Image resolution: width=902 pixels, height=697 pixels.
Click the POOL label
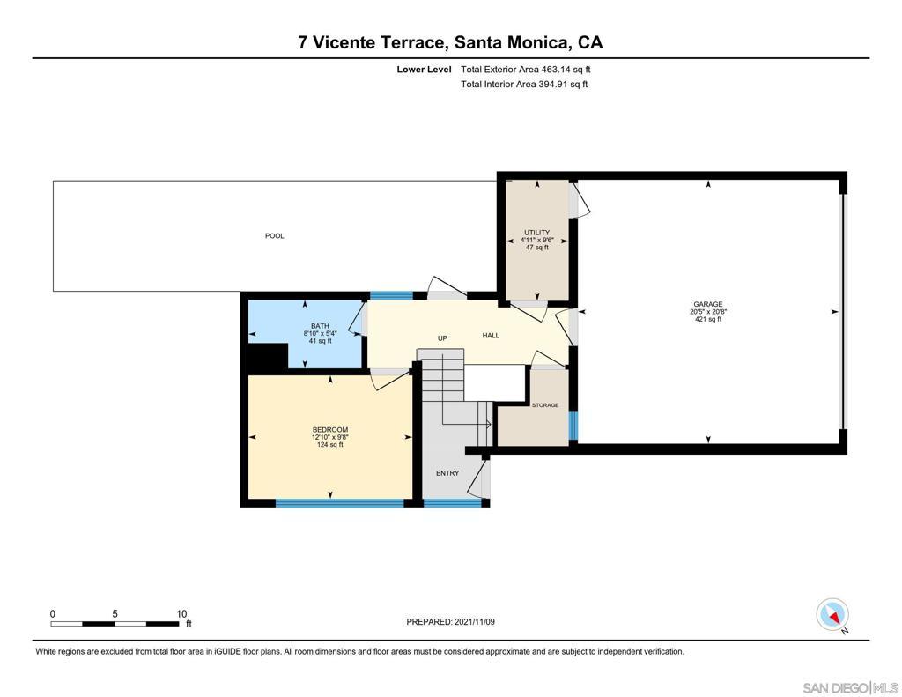275,236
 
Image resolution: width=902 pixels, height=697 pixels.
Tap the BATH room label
321,326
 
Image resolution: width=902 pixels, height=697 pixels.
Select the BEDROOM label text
330,430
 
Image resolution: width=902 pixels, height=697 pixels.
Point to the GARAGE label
708,305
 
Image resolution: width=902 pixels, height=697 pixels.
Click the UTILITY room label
536,233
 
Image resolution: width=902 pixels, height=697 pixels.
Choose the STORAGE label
545,405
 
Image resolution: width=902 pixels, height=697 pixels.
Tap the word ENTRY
447,473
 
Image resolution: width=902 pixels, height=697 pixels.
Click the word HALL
491,336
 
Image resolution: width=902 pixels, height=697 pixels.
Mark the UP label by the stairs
442,338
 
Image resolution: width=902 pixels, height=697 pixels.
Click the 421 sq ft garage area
708,320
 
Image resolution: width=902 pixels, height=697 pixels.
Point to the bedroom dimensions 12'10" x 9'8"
330,437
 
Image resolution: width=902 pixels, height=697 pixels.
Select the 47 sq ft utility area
536,248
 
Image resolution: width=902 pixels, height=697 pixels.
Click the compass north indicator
832,615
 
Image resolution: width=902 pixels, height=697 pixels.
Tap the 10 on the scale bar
181,614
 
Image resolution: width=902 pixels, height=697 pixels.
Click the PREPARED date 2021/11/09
475,622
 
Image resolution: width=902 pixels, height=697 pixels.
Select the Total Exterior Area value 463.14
555,70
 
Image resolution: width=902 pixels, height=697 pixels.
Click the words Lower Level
424,70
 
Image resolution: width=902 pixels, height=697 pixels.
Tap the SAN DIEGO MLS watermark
850,688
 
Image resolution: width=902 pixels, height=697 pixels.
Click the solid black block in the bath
268,356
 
